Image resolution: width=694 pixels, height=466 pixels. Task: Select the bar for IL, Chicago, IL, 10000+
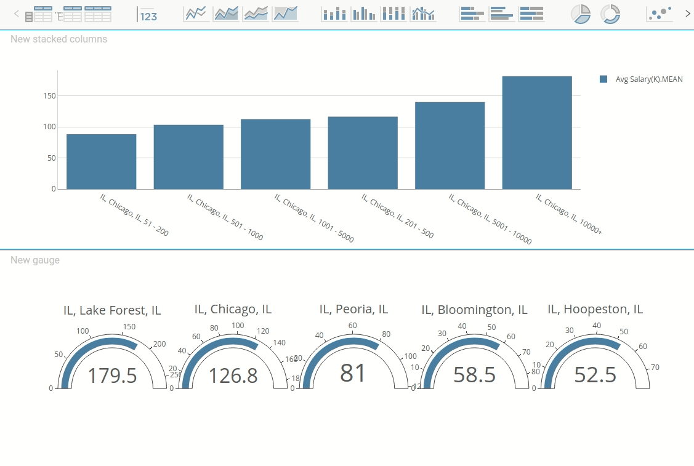tap(537, 132)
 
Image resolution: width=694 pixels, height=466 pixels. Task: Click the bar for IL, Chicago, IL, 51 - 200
tap(102, 161)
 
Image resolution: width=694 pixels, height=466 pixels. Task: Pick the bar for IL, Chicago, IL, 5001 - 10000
tap(450, 145)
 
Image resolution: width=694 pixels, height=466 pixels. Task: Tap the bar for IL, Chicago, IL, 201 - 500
tap(363, 153)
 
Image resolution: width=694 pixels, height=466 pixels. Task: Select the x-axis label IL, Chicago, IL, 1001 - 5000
tap(314, 219)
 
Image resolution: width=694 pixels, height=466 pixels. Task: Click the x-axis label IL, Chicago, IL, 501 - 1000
tap(225, 217)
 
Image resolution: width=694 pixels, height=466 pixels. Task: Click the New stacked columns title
tap(59, 39)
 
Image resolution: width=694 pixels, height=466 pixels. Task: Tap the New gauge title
tap(35, 260)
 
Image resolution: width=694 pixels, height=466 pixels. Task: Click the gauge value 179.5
tap(112, 376)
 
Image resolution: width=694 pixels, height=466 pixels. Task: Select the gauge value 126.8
tap(233, 376)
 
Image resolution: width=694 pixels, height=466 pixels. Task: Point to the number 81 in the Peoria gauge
tap(353, 374)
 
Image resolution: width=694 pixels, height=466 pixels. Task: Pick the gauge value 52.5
tap(595, 375)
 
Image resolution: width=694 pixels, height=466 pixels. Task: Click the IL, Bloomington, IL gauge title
tap(474, 310)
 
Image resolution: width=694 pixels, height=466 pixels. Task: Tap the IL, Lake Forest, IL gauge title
tap(112, 310)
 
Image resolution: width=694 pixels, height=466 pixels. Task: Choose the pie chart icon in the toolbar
tap(580, 14)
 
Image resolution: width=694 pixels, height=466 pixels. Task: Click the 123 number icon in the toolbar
tap(148, 14)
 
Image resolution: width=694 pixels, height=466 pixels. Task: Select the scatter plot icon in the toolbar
tap(660, 14)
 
